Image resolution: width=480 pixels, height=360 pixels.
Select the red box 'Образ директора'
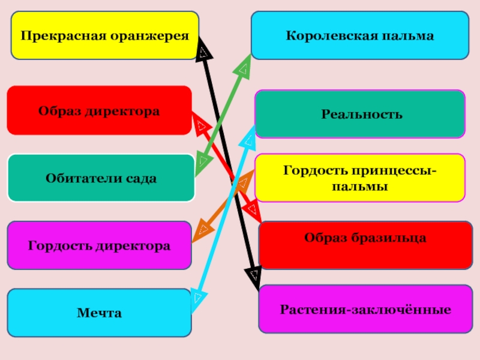pyautogui.click(x=99, y=110)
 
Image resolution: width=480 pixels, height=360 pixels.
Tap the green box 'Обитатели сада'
pyautogui.click(x=101, y=178)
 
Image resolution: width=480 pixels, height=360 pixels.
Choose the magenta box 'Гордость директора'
pyautogui.click(x=99, y=245)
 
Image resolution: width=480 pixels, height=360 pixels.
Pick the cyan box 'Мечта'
pyautogui.click(x=99, y=313)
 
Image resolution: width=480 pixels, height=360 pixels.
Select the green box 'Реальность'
pyautogui.click(x=359, y=114)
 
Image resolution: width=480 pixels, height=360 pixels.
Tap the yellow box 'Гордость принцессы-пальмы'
pyautogui.click(x=359, y=178)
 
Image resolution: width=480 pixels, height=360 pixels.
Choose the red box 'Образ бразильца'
pyautogui.click(x=365, y=238)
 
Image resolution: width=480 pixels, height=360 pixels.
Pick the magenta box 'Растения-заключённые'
pyautogui.click(x=365, y=309)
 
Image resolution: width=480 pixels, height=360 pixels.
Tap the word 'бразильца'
pyautogui.click(x=392, y=238)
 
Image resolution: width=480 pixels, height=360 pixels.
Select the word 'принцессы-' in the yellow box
pyautogui.click(x=395, y=172)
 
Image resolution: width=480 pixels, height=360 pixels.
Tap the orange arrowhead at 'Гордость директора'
pyautogui.click(x=205, y=229)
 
